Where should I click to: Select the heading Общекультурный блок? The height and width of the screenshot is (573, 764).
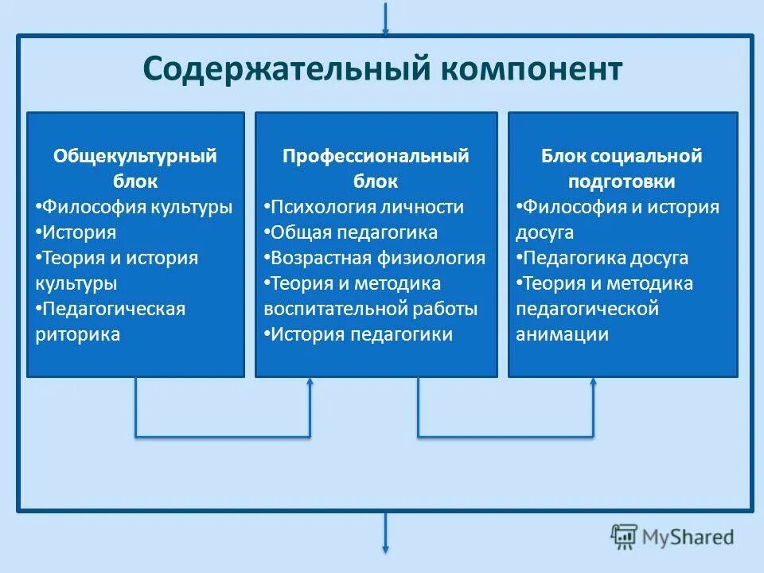[x=135, y=168]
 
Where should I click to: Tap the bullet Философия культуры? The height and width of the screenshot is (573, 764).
[x=135, y=207]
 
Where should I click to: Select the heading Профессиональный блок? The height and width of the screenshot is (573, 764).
[x=376, y=168]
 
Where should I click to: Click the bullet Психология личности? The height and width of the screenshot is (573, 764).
[x=364, y=207]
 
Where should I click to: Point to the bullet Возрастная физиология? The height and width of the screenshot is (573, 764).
[x=375, y=258]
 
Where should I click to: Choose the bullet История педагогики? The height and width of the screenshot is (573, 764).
[x=359, y=334]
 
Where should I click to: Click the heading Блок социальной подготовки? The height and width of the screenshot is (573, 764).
[x=622, y=168]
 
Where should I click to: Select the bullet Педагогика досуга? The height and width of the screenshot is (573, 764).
[x=602, y=258]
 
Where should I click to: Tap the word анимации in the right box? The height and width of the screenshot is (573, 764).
[x=563, y=334]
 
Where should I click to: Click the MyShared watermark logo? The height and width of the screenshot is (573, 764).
[x=672, y=537]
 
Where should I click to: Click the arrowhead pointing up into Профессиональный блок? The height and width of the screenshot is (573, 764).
[x=310, y=384]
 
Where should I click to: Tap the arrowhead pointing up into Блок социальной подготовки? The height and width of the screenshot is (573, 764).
[x=593, y=384]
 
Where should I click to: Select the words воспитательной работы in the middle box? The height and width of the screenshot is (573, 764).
[x=371, y=309]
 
